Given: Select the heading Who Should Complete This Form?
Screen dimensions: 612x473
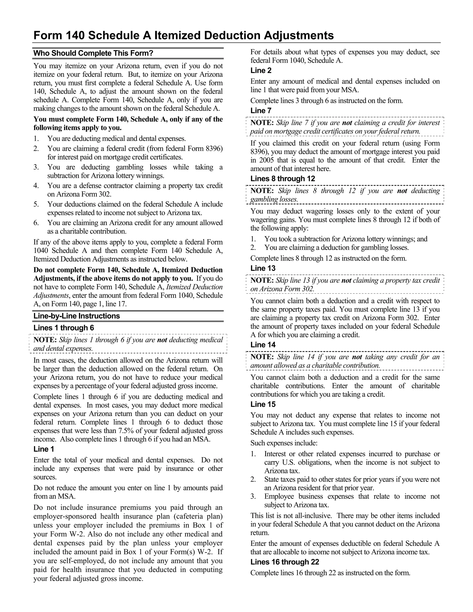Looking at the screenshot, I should (93, 53).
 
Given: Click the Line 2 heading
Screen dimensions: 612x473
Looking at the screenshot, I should (261, 71).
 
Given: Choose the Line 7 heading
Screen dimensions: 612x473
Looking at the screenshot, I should (261, 111).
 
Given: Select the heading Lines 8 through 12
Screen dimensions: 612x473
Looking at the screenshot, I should (283, 179).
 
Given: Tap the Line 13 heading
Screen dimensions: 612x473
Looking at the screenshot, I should (263, 268).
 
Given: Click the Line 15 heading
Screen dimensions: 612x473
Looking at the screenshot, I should (263, 404).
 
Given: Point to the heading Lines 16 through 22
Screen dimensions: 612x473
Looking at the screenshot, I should (285, 562).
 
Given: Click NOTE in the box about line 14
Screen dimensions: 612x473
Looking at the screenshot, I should (262, 357).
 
